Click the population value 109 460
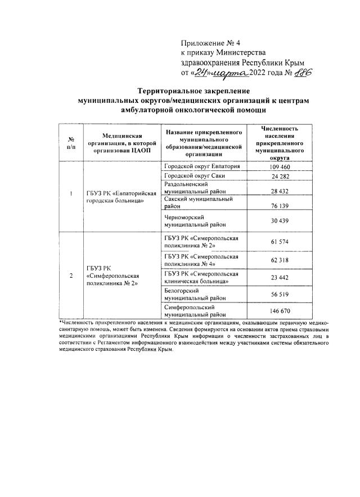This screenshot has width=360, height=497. tap(280, 168)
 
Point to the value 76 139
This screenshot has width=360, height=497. tap(280, 205)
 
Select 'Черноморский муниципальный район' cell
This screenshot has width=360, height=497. tap(194, 220)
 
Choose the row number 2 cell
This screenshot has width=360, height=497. tap(70, 276)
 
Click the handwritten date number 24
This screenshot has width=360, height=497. tap(202, 73)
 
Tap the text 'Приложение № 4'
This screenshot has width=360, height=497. tap(209, 43)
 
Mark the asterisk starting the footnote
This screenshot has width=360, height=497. tap(60, 322)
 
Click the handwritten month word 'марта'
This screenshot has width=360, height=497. tap(232, 73)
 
